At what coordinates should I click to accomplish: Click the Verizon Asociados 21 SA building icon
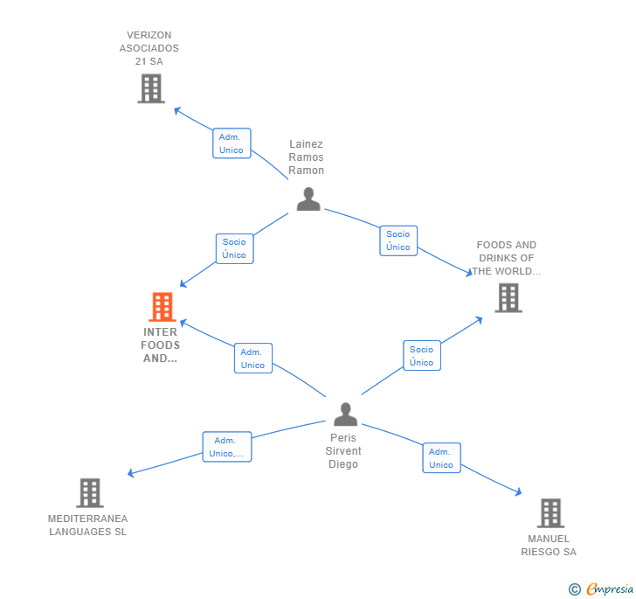pos(150,88)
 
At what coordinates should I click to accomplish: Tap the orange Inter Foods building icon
pos(162,307)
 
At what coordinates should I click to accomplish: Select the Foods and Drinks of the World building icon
pos(508,297)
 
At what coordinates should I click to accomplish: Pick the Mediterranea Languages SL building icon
pos(89,493)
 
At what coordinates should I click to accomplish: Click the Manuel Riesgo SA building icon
pos(550,513)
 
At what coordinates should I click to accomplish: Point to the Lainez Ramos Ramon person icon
pos(308,199)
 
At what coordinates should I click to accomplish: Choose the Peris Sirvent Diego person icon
pos(345,414)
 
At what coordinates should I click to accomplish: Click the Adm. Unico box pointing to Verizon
pos(232,143)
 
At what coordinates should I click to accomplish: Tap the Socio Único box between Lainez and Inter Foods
pos(234,248)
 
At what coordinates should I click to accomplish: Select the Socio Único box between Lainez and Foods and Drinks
pos(398,240)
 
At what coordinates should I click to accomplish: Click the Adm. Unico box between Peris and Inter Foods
pos(252,359)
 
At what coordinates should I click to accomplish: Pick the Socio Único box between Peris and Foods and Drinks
pos(421,356)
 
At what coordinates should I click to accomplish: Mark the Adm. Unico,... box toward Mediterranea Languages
pos(226,447)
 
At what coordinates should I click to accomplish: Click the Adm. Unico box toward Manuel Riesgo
pos(441,458)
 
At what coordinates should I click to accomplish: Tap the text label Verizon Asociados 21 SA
pos(149,48)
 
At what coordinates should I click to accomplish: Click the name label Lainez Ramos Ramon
pos(307,157)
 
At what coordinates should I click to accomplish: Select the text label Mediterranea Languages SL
pos(87,526)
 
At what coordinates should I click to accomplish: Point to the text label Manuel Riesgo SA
pos(549,546)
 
